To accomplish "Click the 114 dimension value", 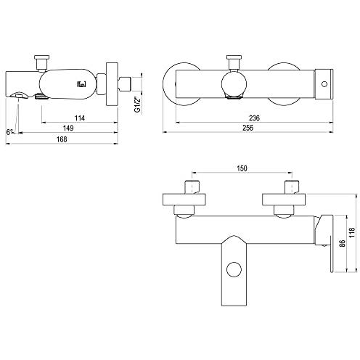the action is [80, 118].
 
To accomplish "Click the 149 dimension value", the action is [68, 128].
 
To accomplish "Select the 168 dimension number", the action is [62, 139].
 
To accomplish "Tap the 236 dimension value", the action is [254, 118].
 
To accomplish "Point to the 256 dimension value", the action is [248, 128].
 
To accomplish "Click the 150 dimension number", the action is [242, 168].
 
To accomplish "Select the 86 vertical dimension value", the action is [342, 243].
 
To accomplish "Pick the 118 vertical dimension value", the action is [352, 232].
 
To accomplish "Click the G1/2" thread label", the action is [137, 105].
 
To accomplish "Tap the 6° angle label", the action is [9, 132].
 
